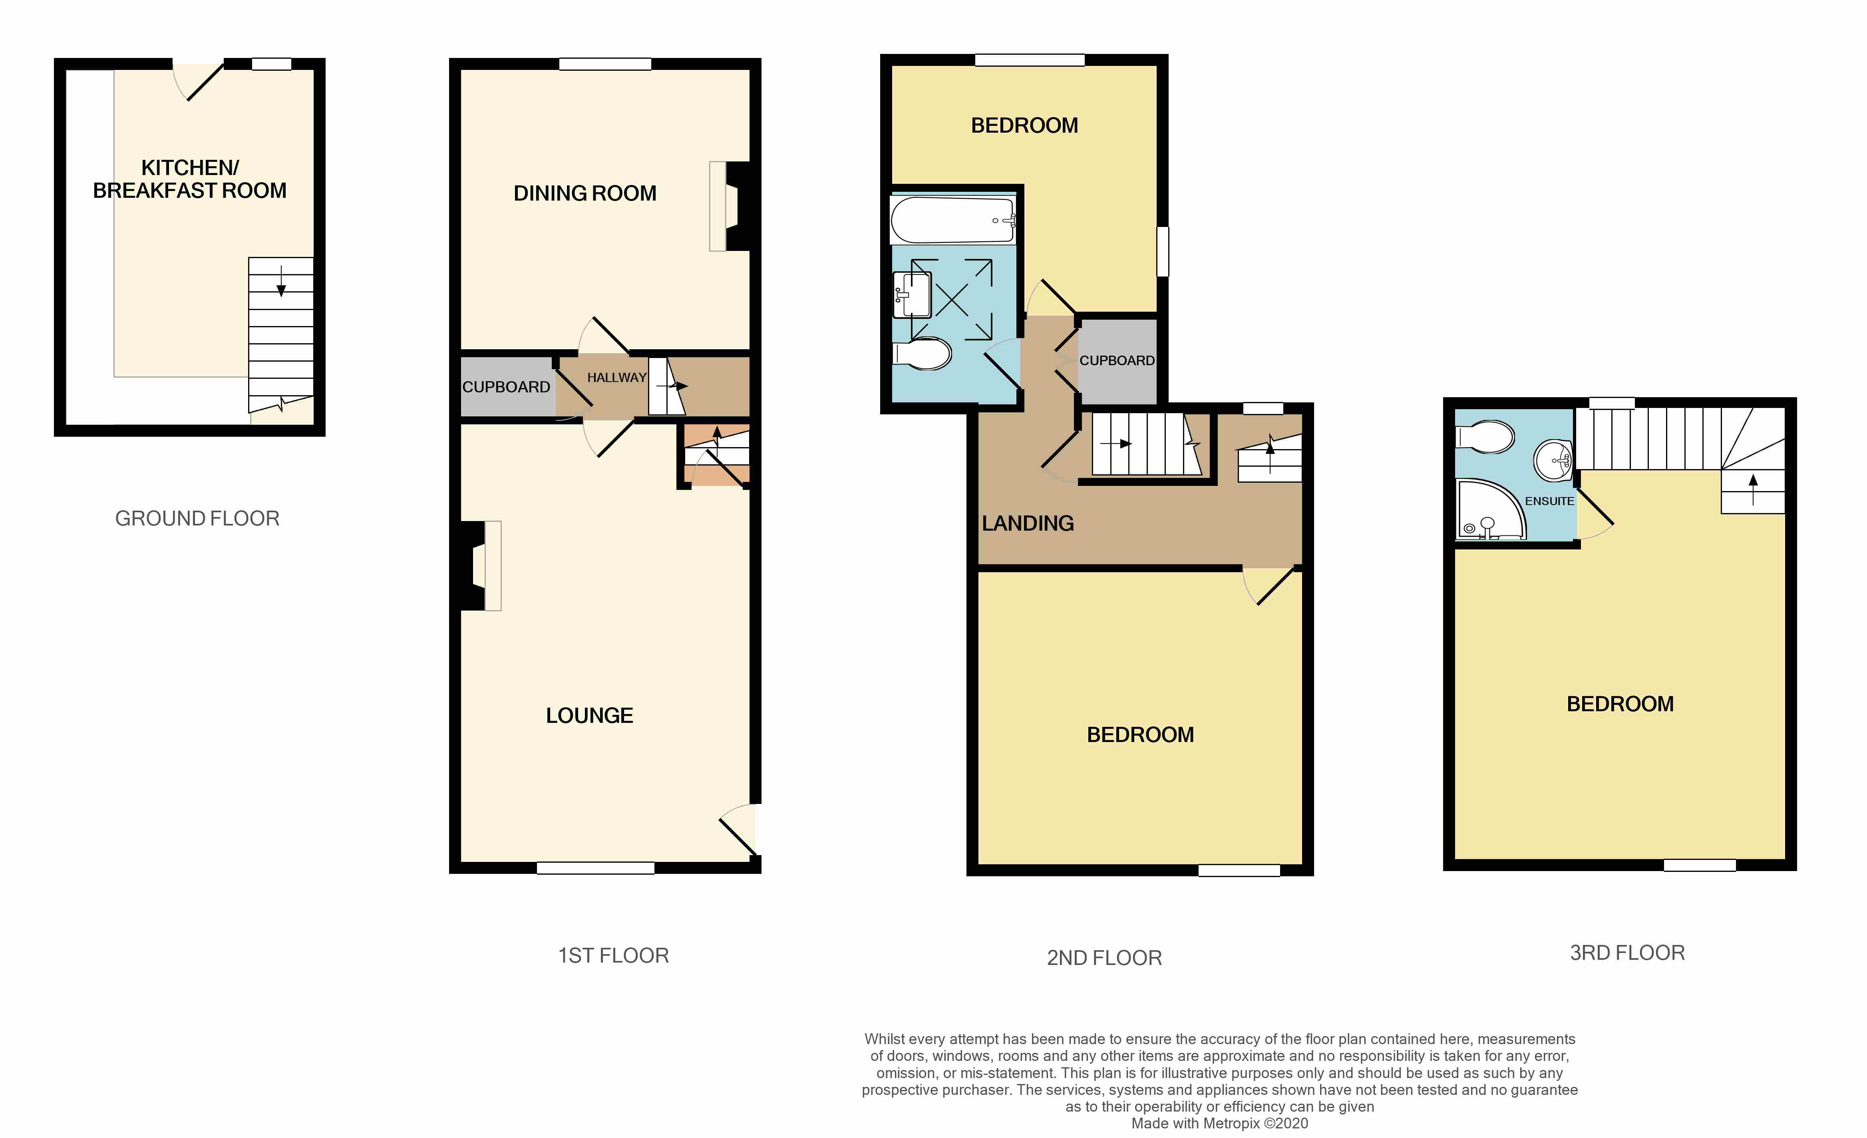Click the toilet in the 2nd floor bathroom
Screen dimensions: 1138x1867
[x=923, y=353]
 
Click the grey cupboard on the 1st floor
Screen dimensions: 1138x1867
[x=506, y=387]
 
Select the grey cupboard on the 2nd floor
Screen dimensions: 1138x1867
[x=1117, y=361]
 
